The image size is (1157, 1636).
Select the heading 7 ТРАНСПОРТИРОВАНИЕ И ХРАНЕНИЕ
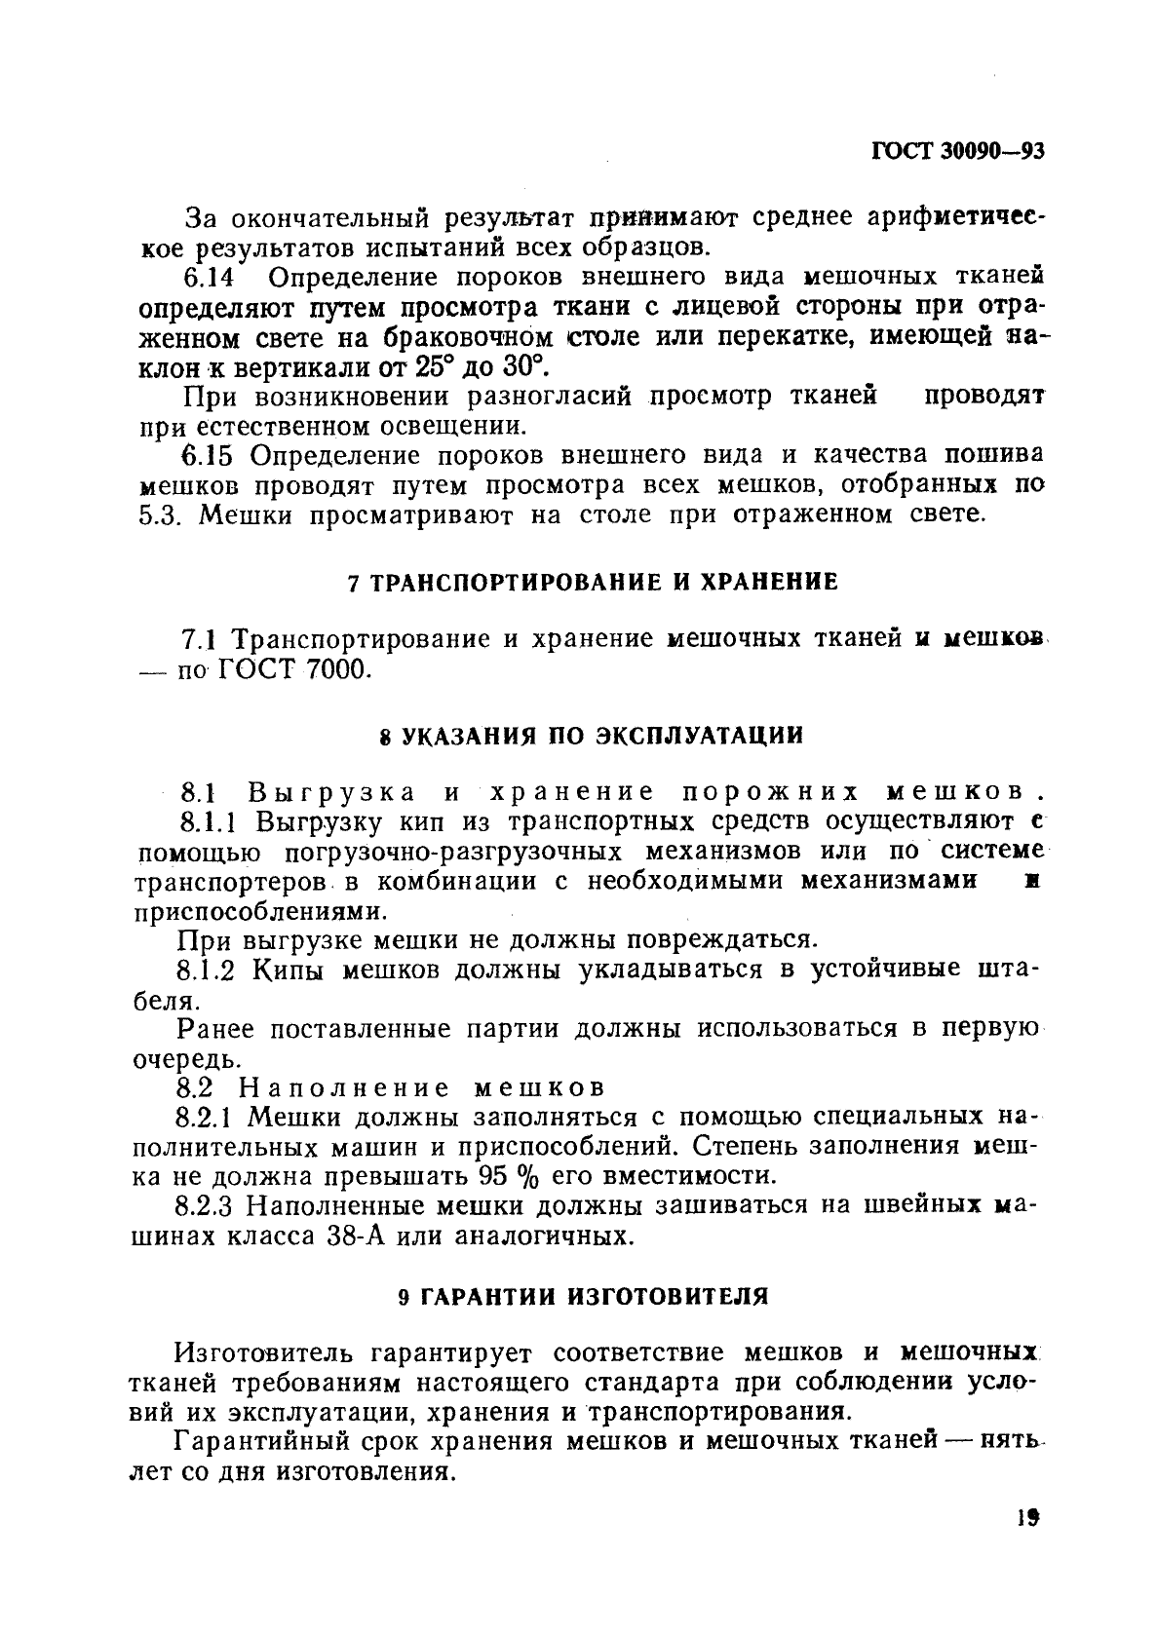coord(593,583)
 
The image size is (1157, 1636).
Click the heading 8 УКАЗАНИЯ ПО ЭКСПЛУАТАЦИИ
coord(592,735)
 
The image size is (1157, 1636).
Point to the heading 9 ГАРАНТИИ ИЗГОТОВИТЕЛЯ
coord(584,1297)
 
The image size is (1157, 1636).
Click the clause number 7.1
coord(200,640)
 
